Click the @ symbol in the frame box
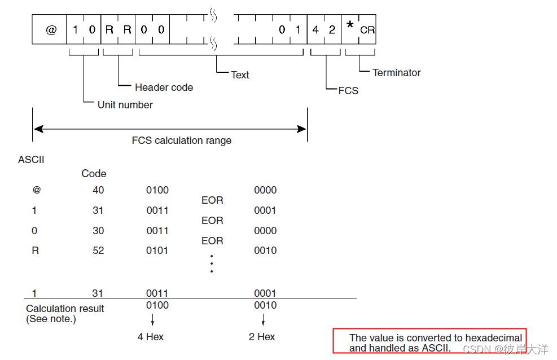51,30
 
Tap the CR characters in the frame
367,30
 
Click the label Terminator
397,73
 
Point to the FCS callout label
348,91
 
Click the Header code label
164,87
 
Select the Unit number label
125,105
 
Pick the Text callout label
240,75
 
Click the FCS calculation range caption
182,141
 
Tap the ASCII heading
31,160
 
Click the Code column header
94,174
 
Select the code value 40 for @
98,190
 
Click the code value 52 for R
98,251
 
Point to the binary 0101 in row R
157,251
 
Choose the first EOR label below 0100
212,200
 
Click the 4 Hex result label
151,337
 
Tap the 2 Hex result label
262,337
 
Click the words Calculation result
65,309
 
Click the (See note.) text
51,319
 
